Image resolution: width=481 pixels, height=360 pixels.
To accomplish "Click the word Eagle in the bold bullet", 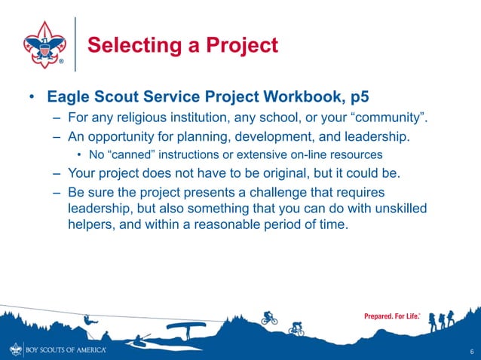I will [x=69, y=98].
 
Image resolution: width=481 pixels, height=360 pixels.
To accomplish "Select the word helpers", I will [x=91, y=224].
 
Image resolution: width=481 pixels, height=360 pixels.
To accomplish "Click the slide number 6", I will [x=471, y=351].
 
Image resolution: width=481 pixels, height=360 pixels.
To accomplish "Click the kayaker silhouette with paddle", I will [x=140, y=341].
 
